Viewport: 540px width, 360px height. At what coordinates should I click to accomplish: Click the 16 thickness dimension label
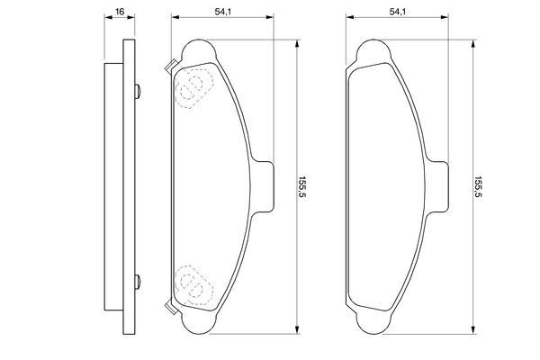click(120, 12)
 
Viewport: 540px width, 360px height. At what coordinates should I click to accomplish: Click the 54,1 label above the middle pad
click(223, 12)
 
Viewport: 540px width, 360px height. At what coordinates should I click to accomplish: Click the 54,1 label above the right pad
click(398, 12)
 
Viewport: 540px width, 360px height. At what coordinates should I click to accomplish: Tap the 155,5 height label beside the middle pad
click(302, 187)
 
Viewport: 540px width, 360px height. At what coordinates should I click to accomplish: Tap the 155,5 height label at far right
click(478, 187)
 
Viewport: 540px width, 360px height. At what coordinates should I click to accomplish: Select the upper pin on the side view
click(138, 91)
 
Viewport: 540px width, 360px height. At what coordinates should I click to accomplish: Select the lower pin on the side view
click(138, 282)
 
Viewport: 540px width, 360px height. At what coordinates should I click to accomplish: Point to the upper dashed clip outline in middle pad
click(193, 88)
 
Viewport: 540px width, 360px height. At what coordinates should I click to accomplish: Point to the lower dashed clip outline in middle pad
click(193, 285)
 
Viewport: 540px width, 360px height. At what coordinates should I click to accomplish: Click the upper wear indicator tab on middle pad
click(171, 66)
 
